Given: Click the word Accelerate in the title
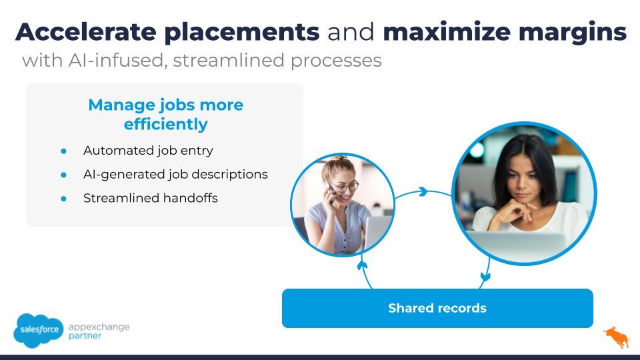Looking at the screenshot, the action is coord(86,32).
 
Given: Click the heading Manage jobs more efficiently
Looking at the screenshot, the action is coord(166,114).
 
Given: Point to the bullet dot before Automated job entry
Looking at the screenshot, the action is coord(64,151).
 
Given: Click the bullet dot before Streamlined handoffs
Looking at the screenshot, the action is coord(64,199).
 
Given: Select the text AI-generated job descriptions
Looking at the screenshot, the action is coord(175,175).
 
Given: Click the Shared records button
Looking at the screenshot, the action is coord(437,308).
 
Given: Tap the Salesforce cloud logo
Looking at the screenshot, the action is coord(39,330).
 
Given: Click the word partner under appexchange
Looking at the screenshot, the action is coord(85,336).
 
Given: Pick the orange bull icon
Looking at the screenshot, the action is coord(617,337).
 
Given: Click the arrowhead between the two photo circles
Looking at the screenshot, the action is coord(423,191).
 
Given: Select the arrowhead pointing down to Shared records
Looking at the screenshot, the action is coord(485,277).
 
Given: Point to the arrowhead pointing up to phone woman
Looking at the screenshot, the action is coord(362,266).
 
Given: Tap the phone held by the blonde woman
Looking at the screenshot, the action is coord(330,193).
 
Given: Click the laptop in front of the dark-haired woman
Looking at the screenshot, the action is coord(519,247).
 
